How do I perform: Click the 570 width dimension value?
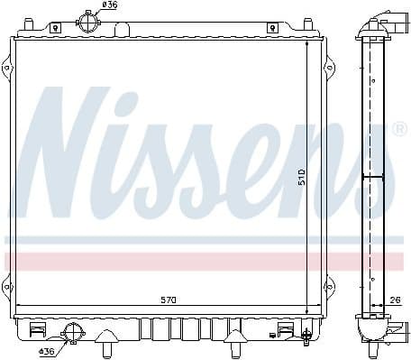[x=169, y=299]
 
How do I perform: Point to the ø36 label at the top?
[x=109, y=5]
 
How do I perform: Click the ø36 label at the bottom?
[x=47, y=351]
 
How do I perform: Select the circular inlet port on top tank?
[x=87, y=22]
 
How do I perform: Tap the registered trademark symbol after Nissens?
[x=399, y=131]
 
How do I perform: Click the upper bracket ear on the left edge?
[x=7, y=68]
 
